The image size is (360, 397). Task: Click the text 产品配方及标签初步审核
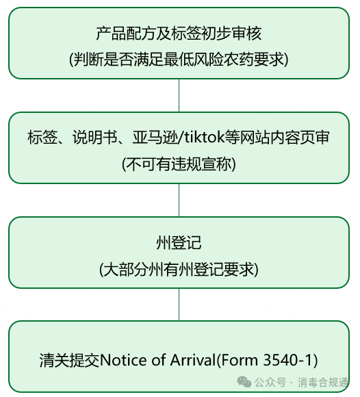click(179, 34)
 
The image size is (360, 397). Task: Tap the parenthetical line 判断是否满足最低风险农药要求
click(179, 60)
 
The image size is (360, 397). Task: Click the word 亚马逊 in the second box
click(155, 138)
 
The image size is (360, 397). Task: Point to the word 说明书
click(95, 138)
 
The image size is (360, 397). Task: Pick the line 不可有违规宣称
click(179, 164)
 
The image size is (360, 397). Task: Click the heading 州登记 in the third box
click(179, 242)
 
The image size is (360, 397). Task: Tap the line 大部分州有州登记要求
click(179, 269)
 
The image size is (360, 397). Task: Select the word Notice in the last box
click(123, 360)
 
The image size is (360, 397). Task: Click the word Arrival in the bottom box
click(192, 360)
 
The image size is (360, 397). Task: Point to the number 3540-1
click(287, 360)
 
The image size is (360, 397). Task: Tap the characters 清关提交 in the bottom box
click(70, 360)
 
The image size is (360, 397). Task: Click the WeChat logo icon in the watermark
click(244, 382)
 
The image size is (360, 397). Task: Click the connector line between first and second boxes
click(179, 95)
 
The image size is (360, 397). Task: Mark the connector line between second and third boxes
click(179, 200)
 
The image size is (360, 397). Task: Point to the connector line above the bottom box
click(179, 305)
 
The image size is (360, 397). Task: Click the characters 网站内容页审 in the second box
click(285, 138)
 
